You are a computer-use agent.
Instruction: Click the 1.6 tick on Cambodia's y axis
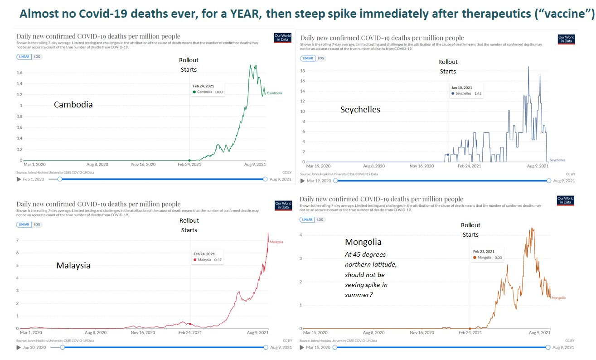(x=19, y=73)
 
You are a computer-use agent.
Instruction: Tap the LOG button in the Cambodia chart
(x=37, y=57)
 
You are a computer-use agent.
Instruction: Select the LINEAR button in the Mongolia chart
(x=307, y=219)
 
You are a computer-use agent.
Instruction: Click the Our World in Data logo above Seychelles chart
(x=566, y=39)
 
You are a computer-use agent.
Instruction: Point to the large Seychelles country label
(x=360, y=110)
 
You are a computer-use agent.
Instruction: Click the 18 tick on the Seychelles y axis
(x=303, y=71)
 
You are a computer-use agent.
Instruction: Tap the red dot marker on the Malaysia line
(x=190, y=324)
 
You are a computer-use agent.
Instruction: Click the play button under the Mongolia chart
(x=303, y=348)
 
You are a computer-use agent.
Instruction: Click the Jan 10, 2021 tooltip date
(x=461, y=88)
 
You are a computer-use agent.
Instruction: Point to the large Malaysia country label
(x=73, y=266)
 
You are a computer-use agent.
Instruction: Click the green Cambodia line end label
(x=274, y=93)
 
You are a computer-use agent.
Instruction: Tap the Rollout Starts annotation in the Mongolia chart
(x=470, y=230)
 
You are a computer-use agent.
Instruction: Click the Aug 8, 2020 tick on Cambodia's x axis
(x=97, y=165)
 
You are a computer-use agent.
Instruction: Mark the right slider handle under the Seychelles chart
(x=549, y=181)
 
